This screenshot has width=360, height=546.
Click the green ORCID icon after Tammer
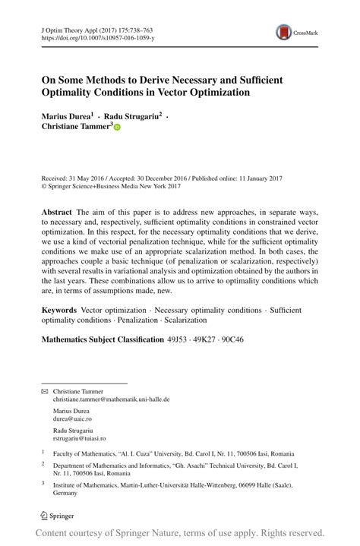pyautogui.click(x=117, y=128)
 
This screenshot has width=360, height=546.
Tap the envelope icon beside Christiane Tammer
pyautogui.click(x=45, y=390)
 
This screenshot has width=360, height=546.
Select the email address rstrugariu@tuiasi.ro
pyautogui.click(x=79, y=438)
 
